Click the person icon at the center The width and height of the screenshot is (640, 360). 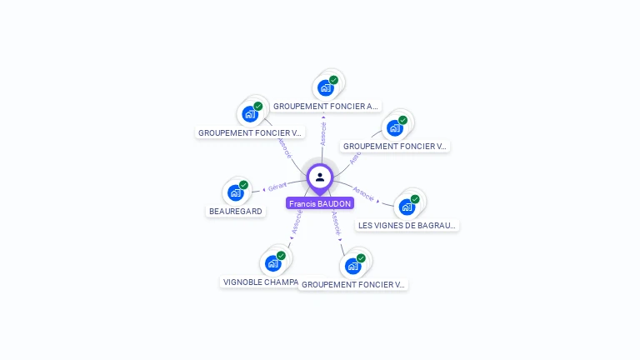[320, 177]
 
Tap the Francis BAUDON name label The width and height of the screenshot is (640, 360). [320, 203]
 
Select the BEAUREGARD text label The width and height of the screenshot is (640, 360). [236, 212]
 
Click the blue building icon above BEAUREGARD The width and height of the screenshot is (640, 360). [236, 192]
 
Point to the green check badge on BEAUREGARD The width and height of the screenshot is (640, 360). [243, 185]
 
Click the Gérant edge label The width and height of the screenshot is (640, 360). [277, 187]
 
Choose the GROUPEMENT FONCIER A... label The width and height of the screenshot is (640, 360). [326, 107]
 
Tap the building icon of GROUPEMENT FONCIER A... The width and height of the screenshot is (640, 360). [326, 87]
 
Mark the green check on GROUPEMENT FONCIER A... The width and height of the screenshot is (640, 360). [333, 80]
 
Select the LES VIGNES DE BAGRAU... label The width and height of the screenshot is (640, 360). [407, 225]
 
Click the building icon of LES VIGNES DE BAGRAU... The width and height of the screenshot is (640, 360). [407, 206]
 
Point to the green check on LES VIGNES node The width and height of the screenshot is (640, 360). [415, 198]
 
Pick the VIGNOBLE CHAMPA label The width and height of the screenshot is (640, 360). [261, 282]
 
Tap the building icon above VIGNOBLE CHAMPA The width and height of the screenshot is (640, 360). [273, 262]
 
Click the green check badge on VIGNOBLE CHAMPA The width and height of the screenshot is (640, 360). [281, 255]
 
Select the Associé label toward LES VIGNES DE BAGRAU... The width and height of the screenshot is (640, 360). [363, 193]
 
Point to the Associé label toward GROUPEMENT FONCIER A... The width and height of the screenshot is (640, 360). [323, 133]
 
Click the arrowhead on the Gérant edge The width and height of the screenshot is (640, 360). [264, 189]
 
